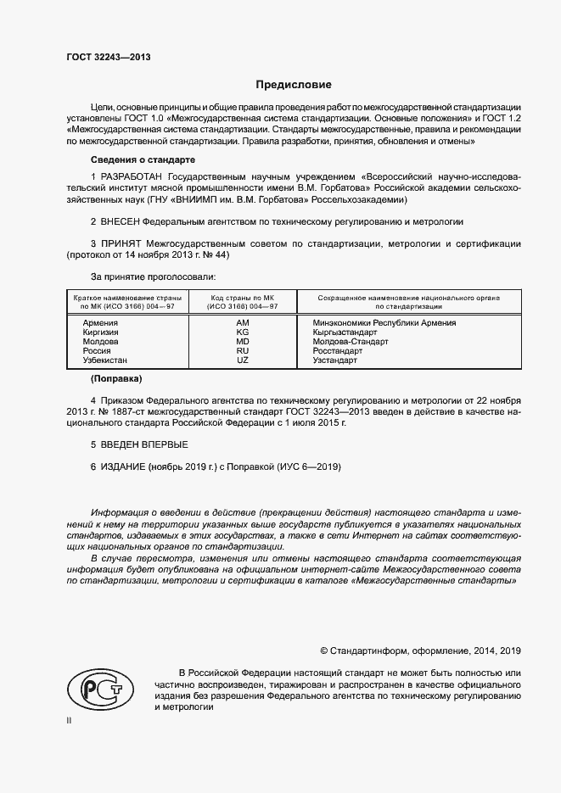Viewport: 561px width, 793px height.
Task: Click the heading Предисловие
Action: (295, 85)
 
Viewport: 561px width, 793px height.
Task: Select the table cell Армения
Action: (100, 323)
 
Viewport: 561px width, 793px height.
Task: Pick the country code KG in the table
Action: (242, 332)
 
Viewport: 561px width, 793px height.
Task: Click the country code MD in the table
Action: (242, 342)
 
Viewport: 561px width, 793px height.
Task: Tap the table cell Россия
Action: (97, 351)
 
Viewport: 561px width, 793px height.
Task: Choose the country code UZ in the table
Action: (242, 360)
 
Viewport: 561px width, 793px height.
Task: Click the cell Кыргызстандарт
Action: (338, 332)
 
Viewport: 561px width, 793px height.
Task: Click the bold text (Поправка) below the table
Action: (116, 378)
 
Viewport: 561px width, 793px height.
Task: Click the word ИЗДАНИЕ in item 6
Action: (123, 467)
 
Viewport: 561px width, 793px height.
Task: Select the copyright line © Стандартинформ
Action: (420, 651)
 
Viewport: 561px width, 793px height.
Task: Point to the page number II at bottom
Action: (70, 721)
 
